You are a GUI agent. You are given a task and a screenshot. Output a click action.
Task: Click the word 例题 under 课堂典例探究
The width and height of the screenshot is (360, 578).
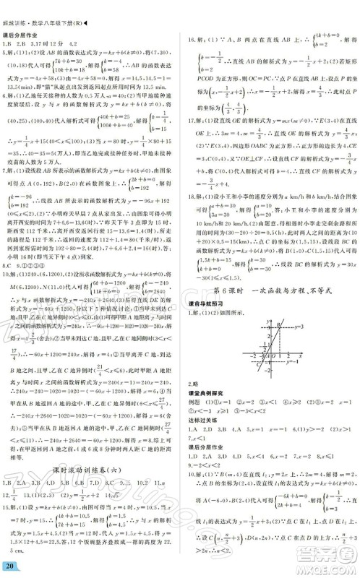[x=196, y=417]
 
